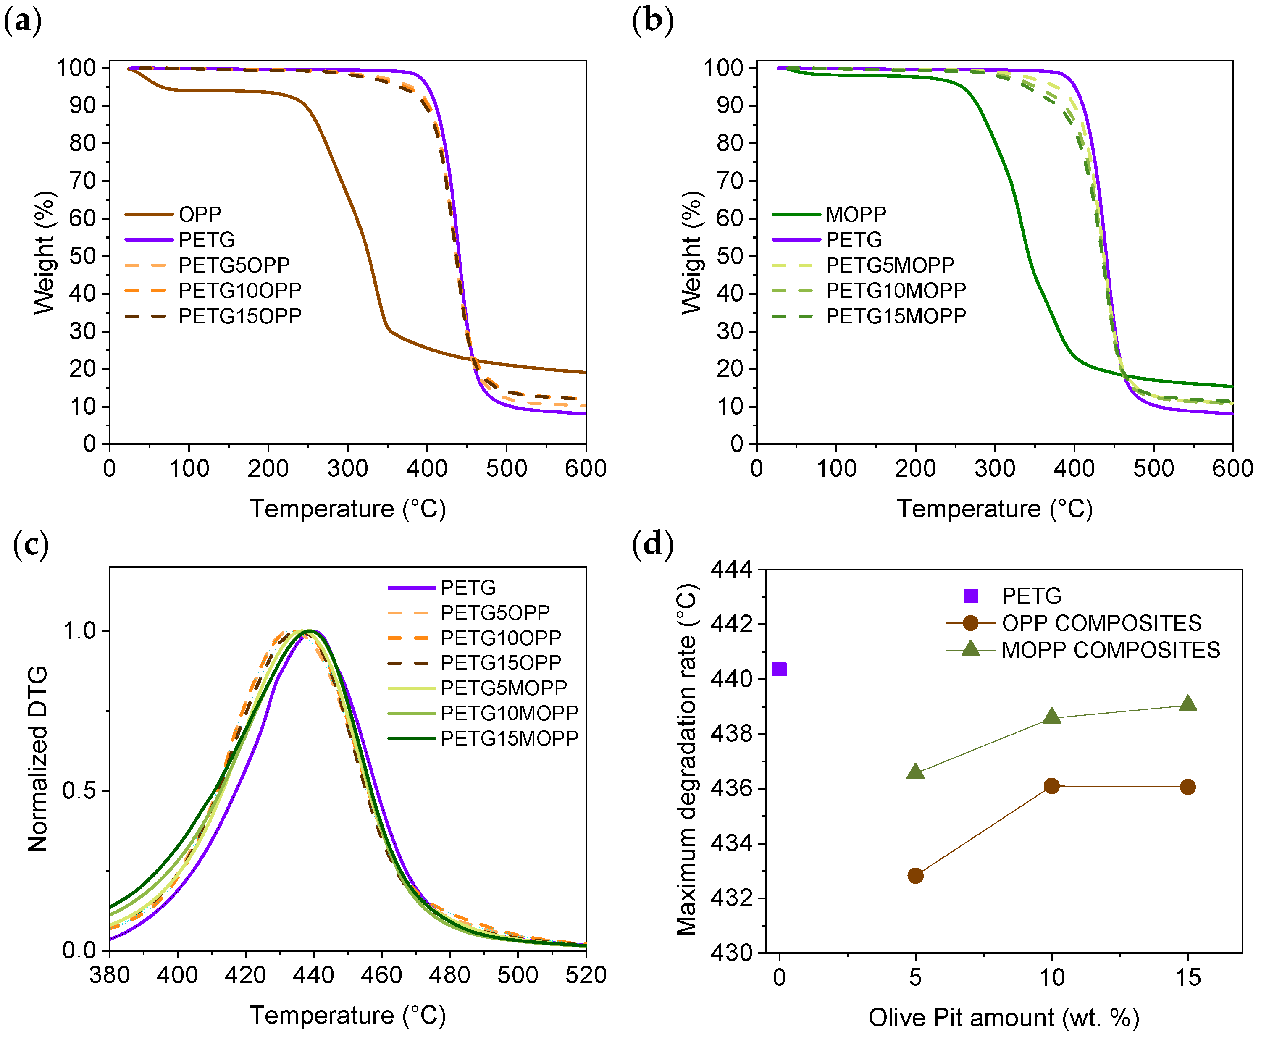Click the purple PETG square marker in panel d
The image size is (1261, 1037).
point(779,669)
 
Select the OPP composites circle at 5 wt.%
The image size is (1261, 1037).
point(915,876)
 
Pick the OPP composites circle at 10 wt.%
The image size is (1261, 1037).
point(1051,786)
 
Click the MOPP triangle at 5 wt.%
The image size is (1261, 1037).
point(915,772)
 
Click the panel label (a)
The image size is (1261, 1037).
point(23,21)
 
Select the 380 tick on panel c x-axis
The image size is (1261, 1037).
point(109,976)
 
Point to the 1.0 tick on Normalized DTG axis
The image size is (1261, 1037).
point(79,631)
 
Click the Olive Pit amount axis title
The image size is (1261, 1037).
point(1004,1018)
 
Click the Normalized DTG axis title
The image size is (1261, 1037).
point(38,759)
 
